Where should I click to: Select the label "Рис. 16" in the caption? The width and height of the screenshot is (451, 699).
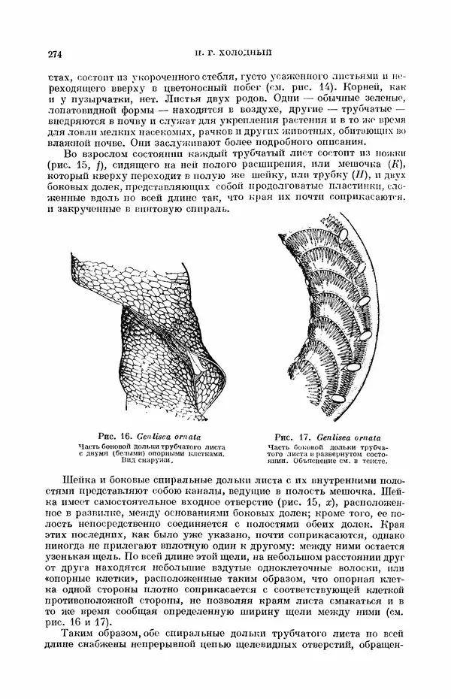115,435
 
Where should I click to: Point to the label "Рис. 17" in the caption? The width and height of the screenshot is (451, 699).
293,435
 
